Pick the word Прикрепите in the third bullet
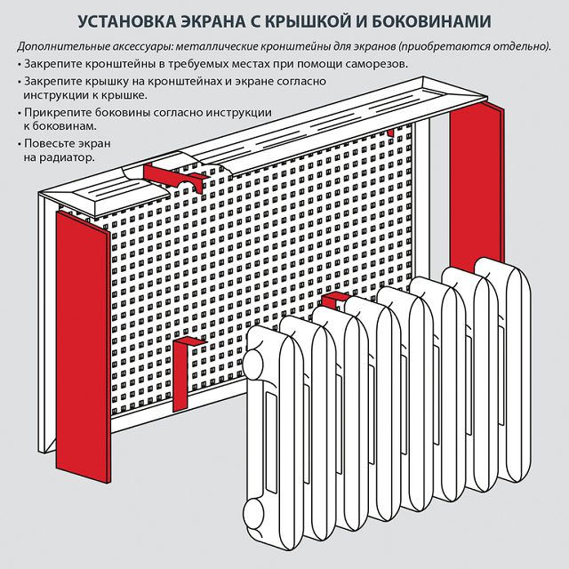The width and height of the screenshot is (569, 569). coord(57,113)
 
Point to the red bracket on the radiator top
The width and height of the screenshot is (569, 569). coord(331,303)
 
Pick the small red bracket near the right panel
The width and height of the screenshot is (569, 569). coord(389,132)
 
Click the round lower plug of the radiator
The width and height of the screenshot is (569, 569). coord(254,514)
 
